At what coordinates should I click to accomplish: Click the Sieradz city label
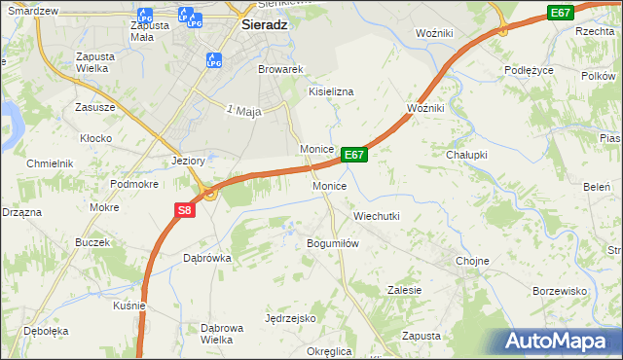point(263,27)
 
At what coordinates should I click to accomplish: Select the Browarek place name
point(281,70)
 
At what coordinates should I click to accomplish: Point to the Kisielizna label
point(331,90)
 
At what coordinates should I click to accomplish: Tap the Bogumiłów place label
point(334,243)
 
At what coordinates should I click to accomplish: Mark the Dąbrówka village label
point(206,259)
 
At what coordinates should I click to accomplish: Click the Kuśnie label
point(129,305)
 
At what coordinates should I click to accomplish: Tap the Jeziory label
point(187,161)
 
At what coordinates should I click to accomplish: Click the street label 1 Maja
point(244,112)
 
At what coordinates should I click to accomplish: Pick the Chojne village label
point(472,261)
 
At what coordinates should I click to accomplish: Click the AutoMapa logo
point(555,342)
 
